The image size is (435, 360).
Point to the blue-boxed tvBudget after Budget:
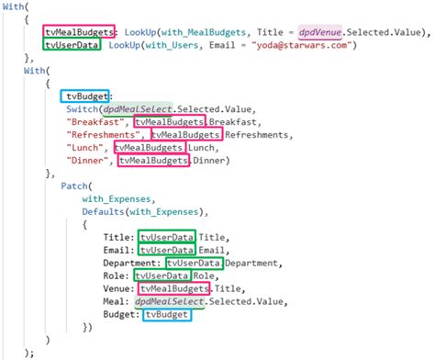point(167,314)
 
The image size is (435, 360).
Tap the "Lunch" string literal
point(87,147)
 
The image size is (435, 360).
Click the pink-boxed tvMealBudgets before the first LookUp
point(79,29)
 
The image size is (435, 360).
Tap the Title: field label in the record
point(118,236)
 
